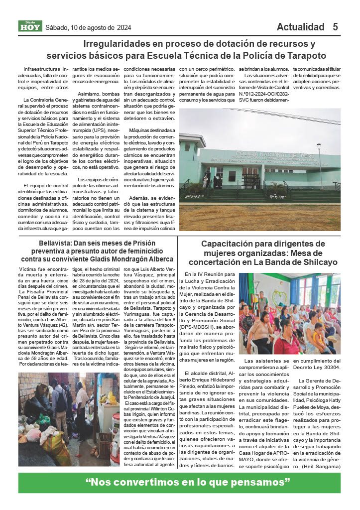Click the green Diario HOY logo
pyautogui.click(x=30, y=27)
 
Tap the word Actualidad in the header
pyautogui.click(x=300, y=27)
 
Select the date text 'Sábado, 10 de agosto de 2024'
pyautogui.click(x=88, y=27)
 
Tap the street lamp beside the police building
pyautogui.click(x=319, y=164)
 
